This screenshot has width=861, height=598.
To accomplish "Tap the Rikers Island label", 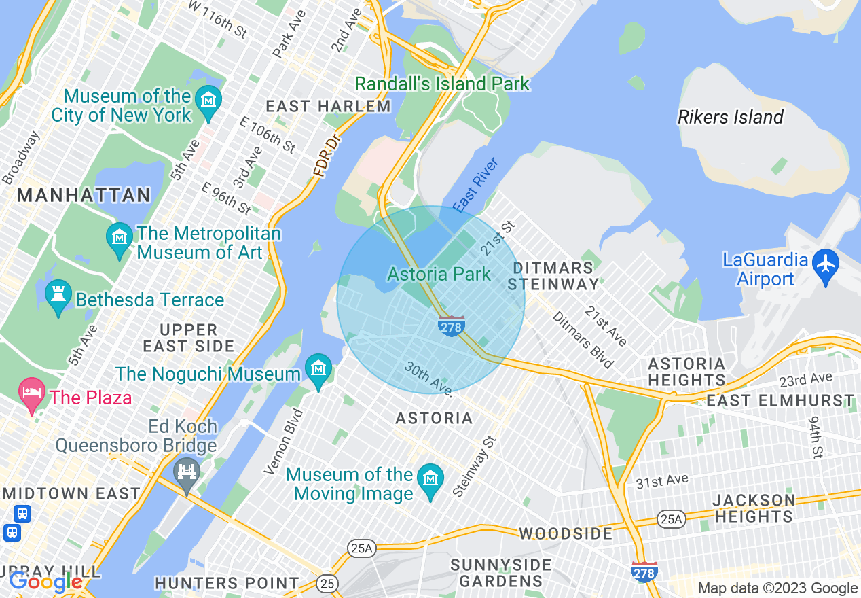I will pos(731,118).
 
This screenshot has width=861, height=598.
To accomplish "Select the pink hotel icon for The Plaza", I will pos(31,395).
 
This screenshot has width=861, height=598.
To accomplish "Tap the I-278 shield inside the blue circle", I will pos(451,326).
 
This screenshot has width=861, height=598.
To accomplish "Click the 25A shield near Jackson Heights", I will pos(671,520).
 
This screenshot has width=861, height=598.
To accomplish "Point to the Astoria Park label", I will pos(439,275).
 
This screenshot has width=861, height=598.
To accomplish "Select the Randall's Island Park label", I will pos(442,84).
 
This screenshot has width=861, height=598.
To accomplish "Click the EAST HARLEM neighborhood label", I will pos(328,107).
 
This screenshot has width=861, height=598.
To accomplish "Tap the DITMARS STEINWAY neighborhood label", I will pos(554,276).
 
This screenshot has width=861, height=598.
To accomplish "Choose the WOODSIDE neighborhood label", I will pos(566,533).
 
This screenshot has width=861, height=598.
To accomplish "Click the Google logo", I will pos(45,582).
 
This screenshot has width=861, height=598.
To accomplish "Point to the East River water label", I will pos(477,185).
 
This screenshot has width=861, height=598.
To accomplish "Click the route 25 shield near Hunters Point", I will pos(327,583).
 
